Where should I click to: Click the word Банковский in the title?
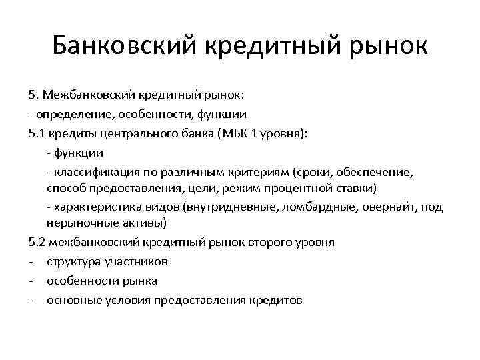pyautogui.click(x=123, y=46)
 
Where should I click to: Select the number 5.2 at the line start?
pyautogui.click(x=37, y=241)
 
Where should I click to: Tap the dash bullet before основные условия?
pyautogui.click(x=31, y=300)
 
